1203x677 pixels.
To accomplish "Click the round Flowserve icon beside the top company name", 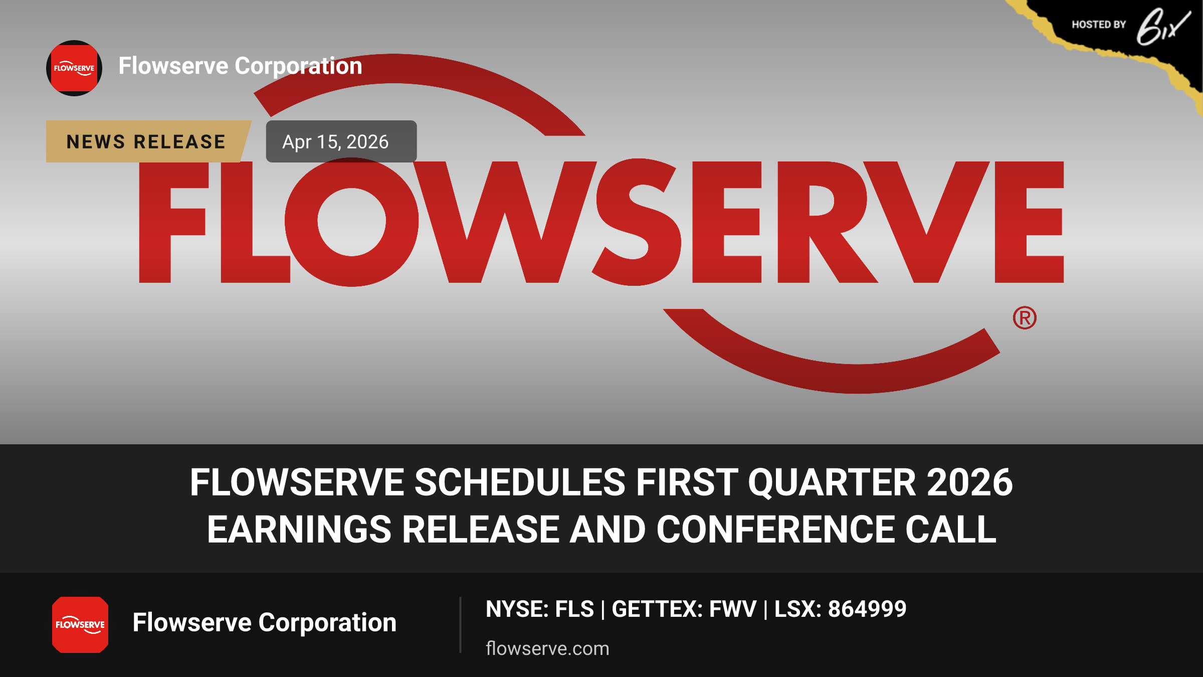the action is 74,68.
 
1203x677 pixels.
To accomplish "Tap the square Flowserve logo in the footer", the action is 80,625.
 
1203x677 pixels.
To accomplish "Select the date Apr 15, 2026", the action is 335,142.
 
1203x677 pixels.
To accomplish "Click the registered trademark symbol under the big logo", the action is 1025,318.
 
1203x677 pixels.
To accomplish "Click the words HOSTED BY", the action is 1099,25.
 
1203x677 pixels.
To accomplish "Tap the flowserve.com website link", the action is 547,648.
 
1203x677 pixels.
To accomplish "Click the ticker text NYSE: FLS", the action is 540,609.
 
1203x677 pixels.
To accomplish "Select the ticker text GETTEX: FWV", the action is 684,609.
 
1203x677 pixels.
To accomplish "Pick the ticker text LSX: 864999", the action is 841,609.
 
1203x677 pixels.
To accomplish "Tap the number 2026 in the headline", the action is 970,482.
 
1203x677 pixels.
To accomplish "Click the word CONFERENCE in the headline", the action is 776,530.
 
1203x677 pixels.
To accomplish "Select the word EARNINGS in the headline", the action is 299,530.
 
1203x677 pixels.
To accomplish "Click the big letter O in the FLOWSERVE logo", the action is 352,222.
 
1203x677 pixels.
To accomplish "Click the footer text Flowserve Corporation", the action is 265,623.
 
